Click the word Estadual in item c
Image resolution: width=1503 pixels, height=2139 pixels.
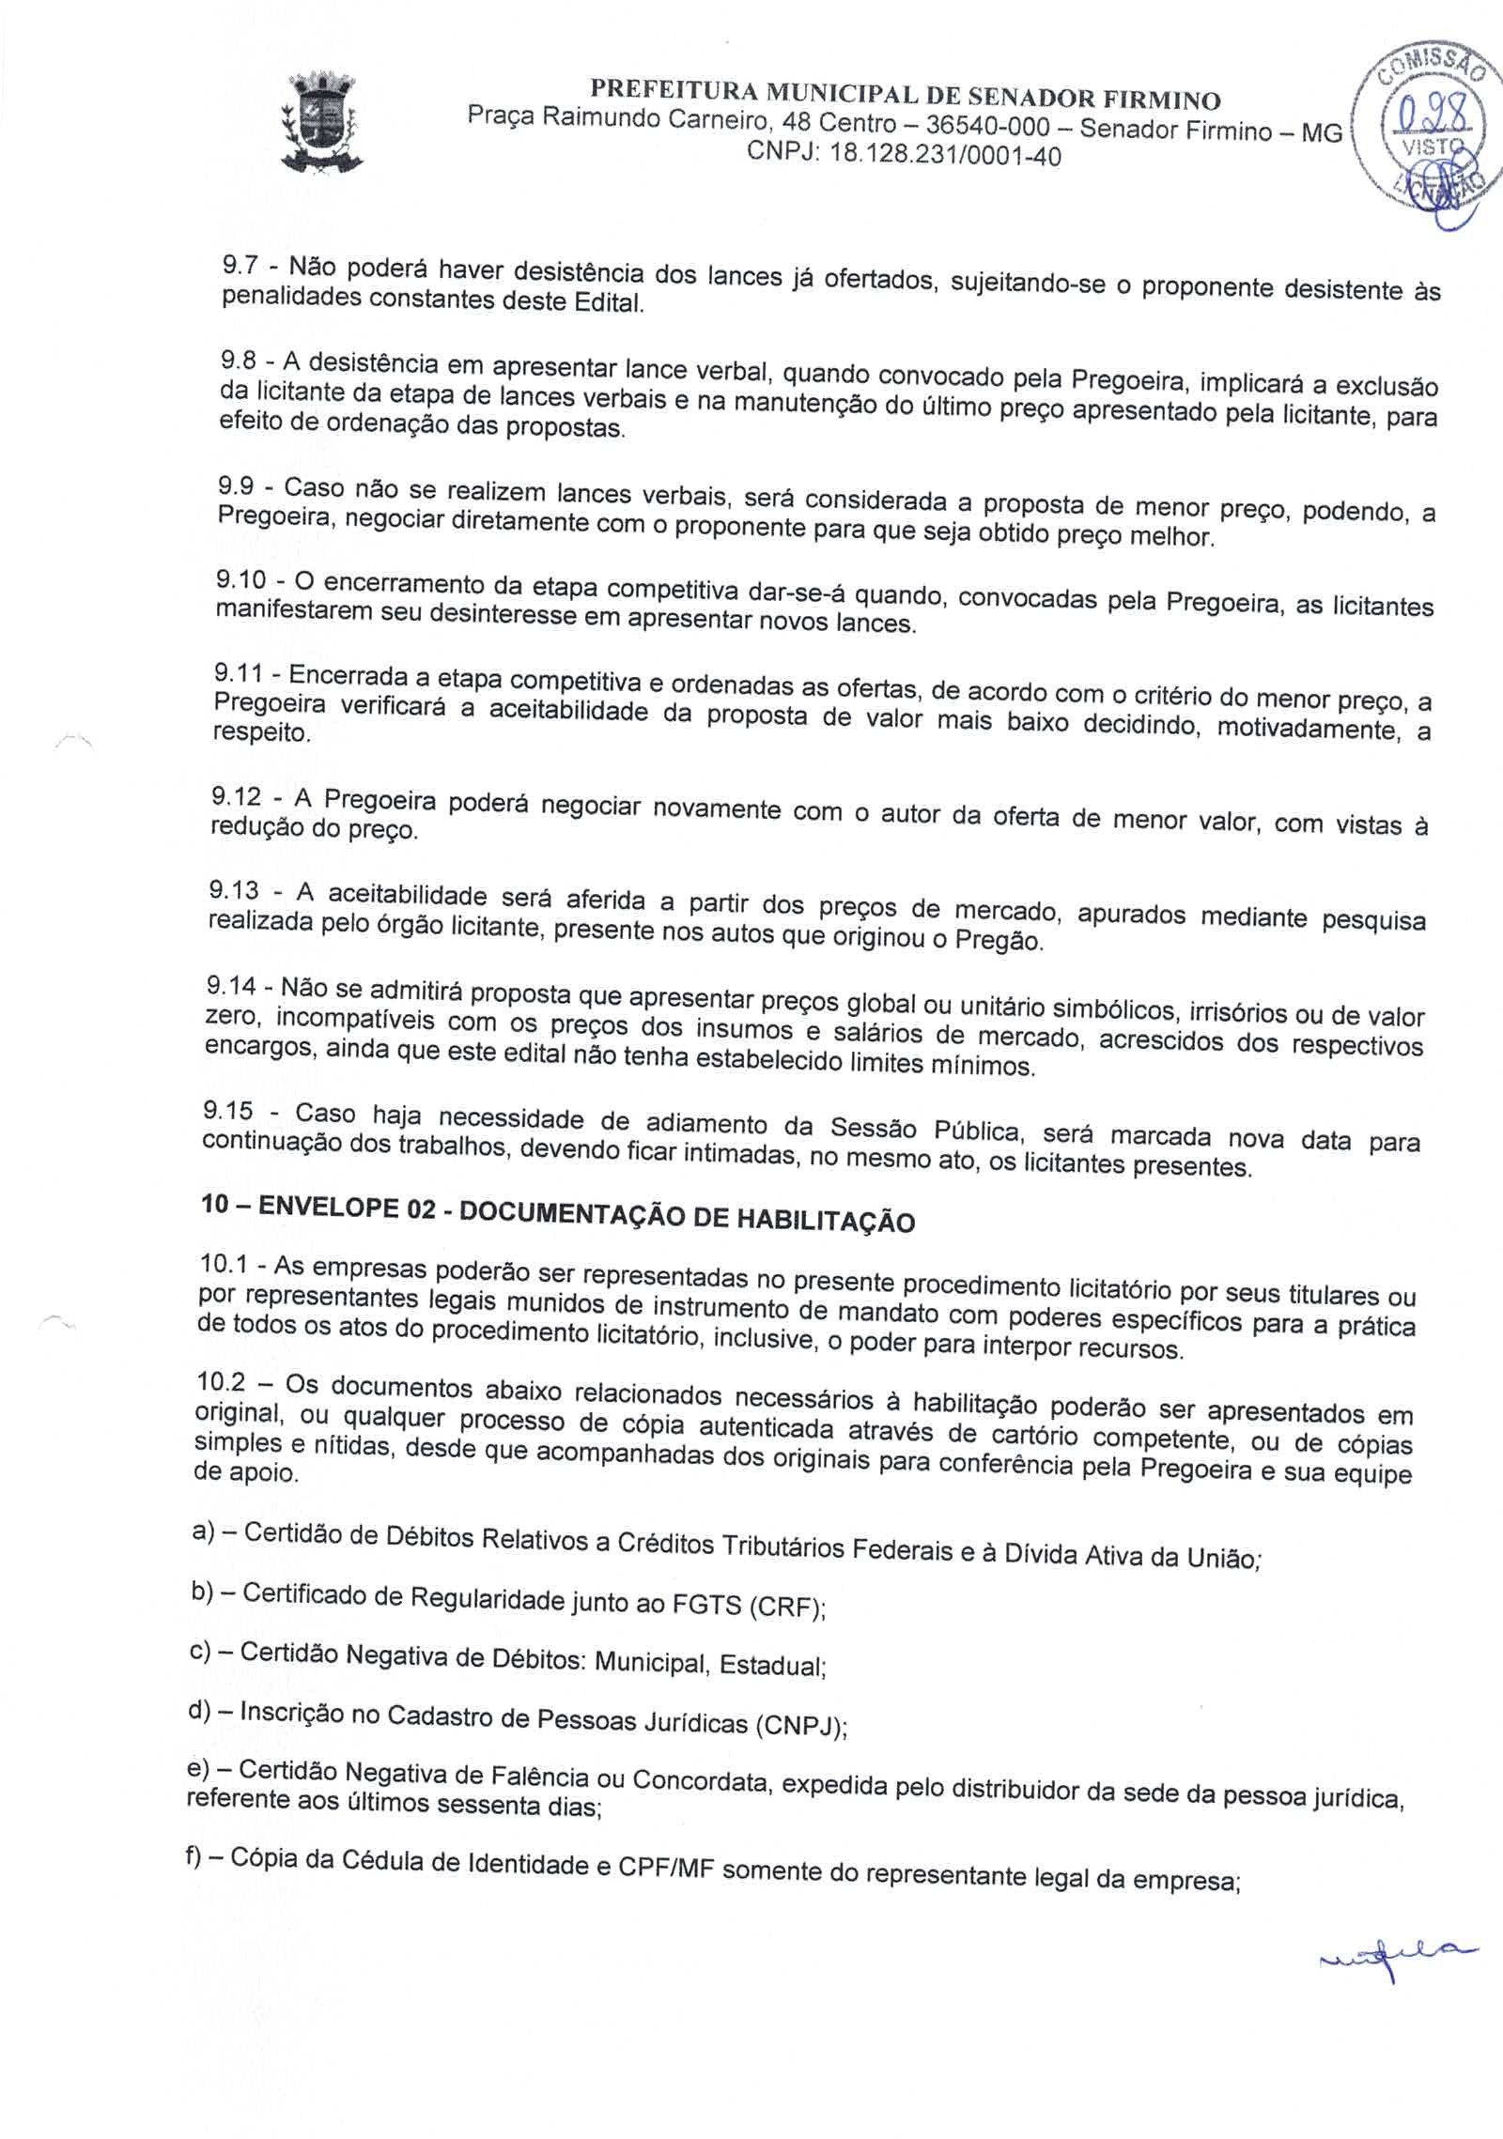[x=772, y=1666]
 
